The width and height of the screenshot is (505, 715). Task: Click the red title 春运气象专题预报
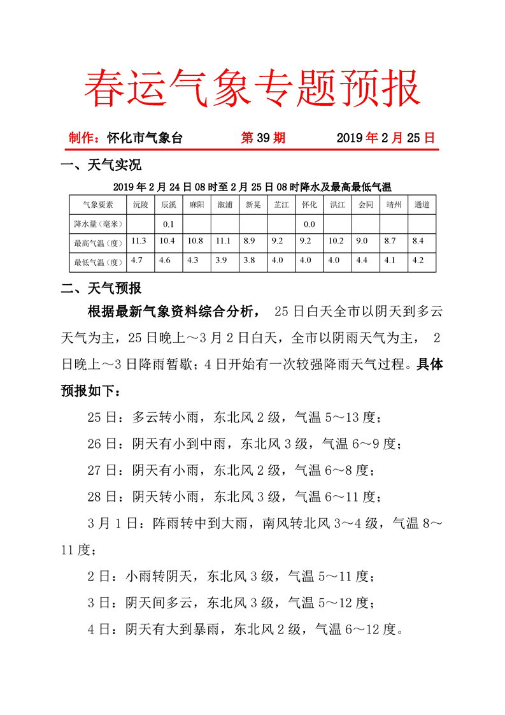[x=252, y=88]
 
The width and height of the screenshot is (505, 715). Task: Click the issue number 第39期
[x=263, y=138]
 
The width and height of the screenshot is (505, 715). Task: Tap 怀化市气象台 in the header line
[x=144, y=138]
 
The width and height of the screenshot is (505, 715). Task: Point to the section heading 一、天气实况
[x=101, y=166]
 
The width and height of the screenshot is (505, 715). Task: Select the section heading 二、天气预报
[x=101, y=289]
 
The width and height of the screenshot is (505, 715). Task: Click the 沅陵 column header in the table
[x=140, y=205]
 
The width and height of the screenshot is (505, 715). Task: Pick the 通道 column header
[x=422, y=205]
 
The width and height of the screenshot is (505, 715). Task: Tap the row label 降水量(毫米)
[x=98, y=224]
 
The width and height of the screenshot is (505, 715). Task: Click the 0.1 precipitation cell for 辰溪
[x=168, y=224]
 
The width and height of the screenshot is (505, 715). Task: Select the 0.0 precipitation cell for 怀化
[x=309, y=224]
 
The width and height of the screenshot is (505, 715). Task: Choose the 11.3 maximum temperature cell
[x=139, y=242]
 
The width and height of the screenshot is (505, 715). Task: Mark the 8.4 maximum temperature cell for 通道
[x=418, y=242]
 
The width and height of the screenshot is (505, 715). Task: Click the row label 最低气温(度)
[x=98, y=261]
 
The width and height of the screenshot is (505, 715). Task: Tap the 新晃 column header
[x=253, y=205]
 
